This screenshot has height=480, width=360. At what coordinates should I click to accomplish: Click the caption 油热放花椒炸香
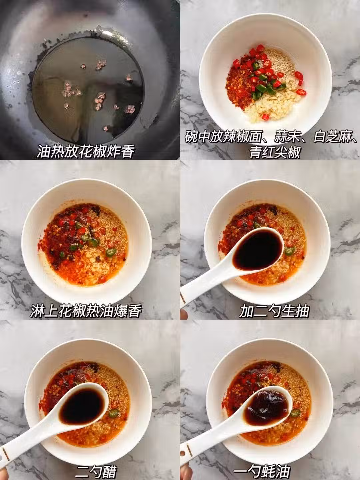[85, 151]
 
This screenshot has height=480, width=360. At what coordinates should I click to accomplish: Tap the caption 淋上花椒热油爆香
[85, 311]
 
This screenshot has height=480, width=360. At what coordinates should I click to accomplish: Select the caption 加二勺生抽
[274, 311]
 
